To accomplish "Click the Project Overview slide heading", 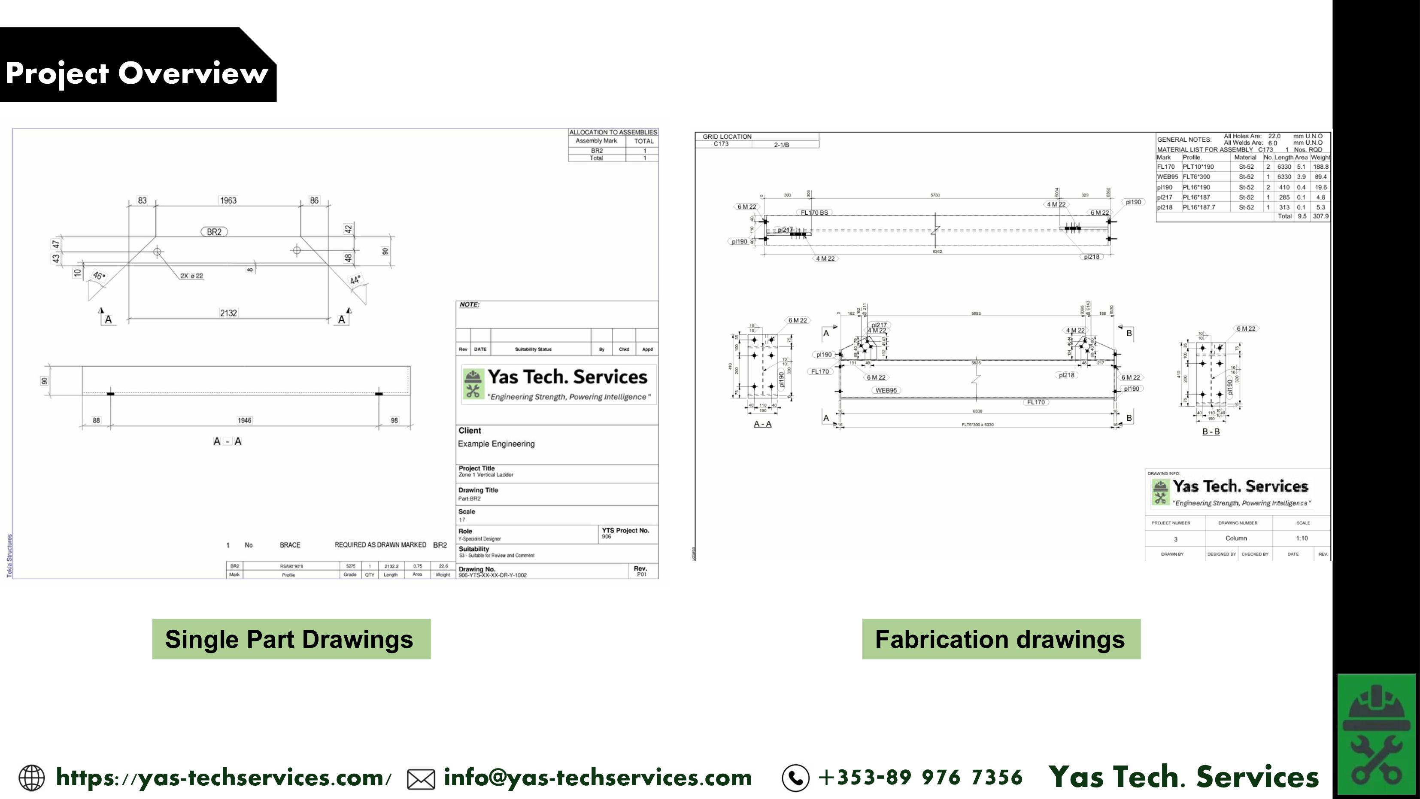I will pyautogui.click(x=137, y=73).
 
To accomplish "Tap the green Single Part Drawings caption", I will pyautogui.click(x=291, y=639).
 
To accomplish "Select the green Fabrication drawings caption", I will pyautogui.click(x=1001, y=639).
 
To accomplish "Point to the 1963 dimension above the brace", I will pyautogui.click(x=228, y=200).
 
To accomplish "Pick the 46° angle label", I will pyautogui.click(x=99, y=275).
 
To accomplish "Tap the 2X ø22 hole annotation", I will pyautogui.click(x=191, y=276).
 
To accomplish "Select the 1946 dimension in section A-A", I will pyautogui.click(x=244, y=420).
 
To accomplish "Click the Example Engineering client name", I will pyautogui.click(x=496, y=444).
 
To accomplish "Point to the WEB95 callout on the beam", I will pyautogui.click(x=886, y=390).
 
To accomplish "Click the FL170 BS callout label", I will pyautogui.click(x=814, y=212).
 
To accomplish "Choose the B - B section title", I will pyautogui.click(x=1211, y=432).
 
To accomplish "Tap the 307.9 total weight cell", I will pyautogui.click(x=1320, y=216).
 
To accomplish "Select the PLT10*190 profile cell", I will pyautogui.click(x=1198, y=167).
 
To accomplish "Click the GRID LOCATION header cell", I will pyautogui.click(x=727, y=136).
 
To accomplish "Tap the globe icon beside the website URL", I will pyautogui.click(x=31, y=778).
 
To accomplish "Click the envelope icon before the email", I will pyautogui.click(x=421, y=779).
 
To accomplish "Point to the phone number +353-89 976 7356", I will pyautogui.click(x=921, y=777).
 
